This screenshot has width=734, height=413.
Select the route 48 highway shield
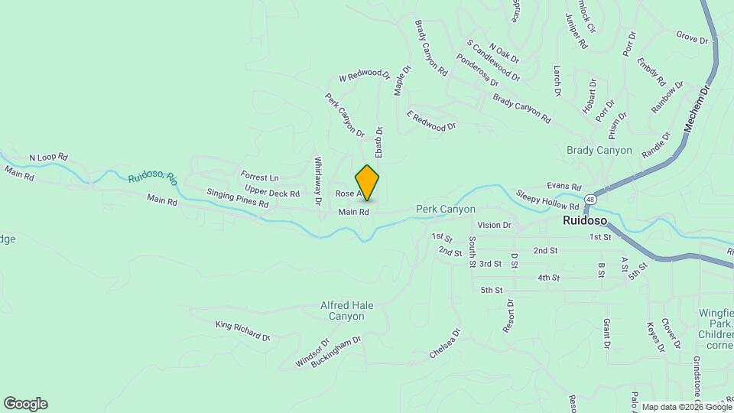(589, 199)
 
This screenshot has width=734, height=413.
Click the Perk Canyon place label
(446, 209)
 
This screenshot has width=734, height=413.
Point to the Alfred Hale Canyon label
(347, 311)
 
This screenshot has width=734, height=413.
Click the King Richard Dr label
(243, 331)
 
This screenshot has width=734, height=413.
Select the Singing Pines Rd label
(238, 199)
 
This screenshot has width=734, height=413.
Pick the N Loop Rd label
(48, 158)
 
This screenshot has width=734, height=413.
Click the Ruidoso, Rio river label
(153, 178)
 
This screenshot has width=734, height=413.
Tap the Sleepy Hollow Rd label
(547, 200)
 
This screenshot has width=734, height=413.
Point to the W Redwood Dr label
(364, 75)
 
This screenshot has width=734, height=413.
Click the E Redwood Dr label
(431, 121)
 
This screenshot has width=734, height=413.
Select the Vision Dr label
(493, 226)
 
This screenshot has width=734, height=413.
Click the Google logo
(25, 404)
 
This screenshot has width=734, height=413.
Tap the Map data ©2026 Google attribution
(686, 407)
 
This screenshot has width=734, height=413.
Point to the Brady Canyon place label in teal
(599, 150)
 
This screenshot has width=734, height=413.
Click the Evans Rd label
(563, 187)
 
